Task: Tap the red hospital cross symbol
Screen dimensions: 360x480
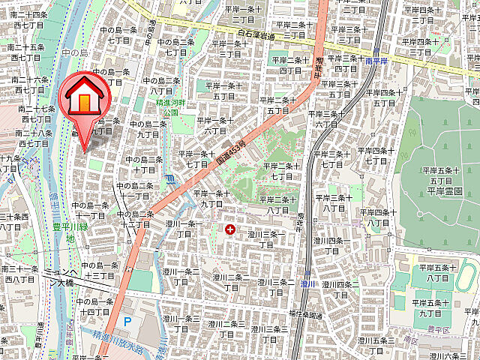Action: point(229,228)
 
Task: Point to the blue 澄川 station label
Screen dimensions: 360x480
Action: point(307,284)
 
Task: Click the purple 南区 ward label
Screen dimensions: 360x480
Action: point(433,338)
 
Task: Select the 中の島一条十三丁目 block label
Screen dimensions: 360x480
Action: point(98,271)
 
